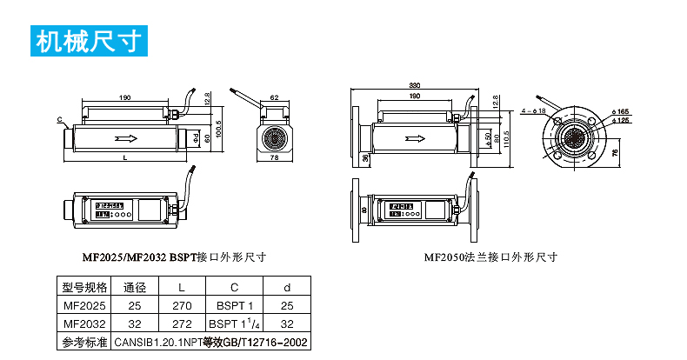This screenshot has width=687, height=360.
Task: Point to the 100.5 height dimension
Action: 220,128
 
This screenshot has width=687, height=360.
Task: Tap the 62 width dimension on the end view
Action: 275,98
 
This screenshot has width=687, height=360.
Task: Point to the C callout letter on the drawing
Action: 60,119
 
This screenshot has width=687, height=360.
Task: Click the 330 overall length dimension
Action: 415,85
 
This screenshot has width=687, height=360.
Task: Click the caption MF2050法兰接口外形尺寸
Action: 490,257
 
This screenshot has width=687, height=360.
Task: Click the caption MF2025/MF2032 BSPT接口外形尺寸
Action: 174,257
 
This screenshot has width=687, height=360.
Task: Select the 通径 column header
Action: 133,289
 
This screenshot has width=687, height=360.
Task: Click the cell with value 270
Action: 181,306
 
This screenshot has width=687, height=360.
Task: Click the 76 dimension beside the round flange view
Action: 615,152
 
